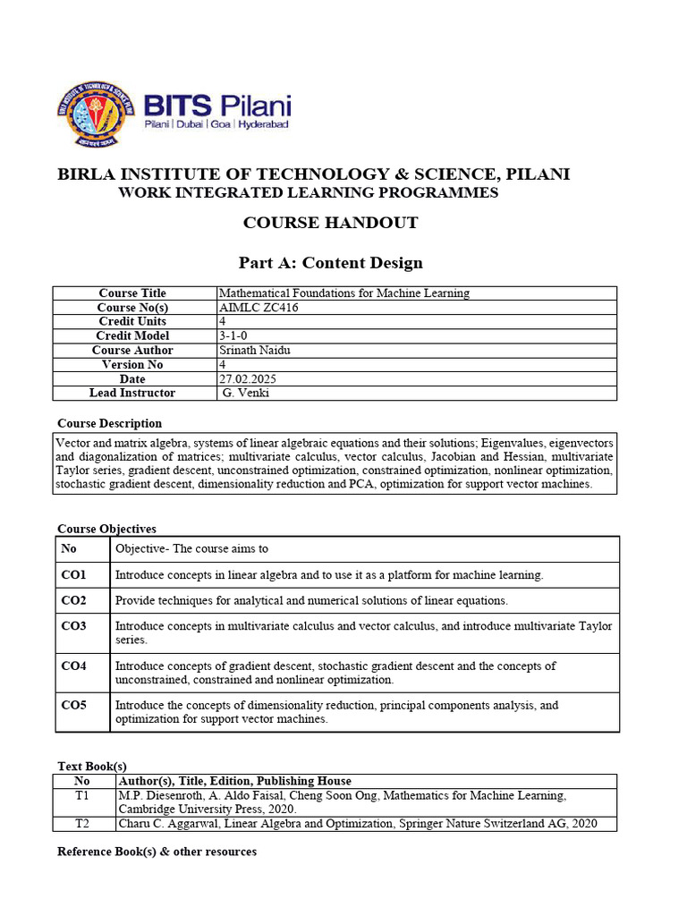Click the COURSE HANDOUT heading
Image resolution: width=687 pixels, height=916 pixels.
click(330, 223)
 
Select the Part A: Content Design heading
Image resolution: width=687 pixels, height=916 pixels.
click(330, 262)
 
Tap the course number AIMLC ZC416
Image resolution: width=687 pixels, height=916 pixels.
click(259, 308)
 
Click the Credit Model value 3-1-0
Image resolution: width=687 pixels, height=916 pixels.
click(233, 335)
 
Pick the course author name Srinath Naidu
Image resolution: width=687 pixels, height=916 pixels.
click(255, 350)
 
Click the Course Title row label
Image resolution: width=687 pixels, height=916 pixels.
click(132, 293)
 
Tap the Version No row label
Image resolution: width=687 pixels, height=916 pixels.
click(132, 364)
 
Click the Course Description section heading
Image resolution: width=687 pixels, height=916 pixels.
click(110, 423)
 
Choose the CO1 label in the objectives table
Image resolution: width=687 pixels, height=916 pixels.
click(73, 574)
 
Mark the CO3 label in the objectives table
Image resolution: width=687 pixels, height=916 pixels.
click(73, 626)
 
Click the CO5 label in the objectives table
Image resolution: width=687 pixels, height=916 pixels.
click(73, 705)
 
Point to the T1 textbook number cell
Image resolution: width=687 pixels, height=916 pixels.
click(82, 795)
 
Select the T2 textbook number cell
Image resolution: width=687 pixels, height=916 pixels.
click(82, 824)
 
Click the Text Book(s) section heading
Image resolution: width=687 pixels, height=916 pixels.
click(92, 767)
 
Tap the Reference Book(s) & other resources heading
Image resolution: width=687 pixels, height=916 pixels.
click(157, 852)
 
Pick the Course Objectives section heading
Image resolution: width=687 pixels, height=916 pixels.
click(106, 529)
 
